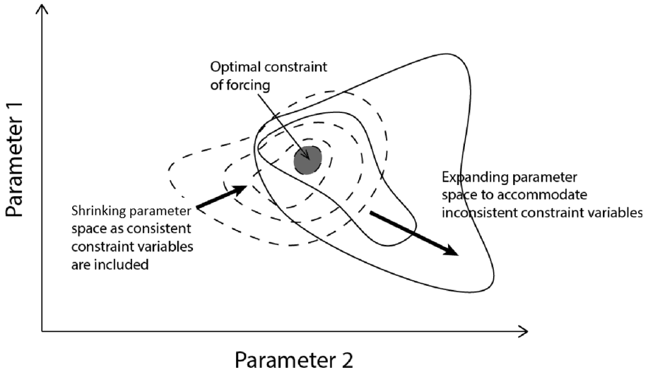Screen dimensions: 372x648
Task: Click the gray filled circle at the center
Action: pos(307,160)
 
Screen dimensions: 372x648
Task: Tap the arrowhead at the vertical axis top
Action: pos(44,11)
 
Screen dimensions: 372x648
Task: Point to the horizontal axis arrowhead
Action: pos(523,330)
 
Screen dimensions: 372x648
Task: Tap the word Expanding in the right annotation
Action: pos(466,176)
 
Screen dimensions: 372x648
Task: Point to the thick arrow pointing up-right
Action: pos(221,196)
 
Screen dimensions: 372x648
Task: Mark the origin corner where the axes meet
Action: pos(44,330)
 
